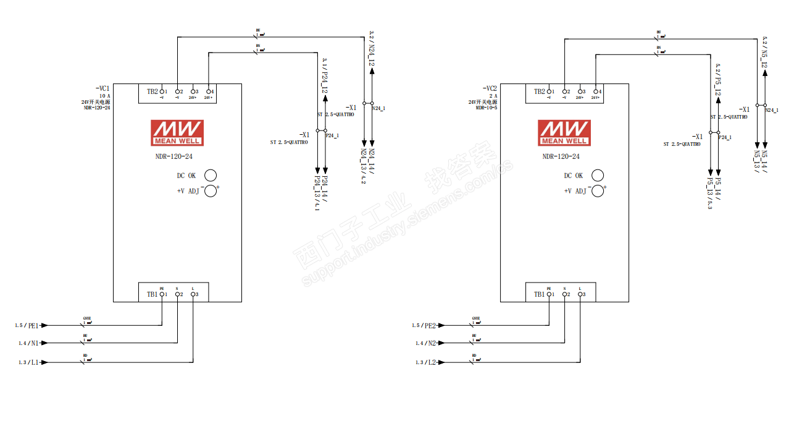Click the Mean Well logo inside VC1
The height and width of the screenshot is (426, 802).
(x=177, y=132)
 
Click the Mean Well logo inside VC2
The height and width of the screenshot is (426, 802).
(x=564, y=132)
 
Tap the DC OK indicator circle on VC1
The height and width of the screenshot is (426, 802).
(x=211, y=175)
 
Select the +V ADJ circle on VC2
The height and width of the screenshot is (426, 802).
(x=597, y=190)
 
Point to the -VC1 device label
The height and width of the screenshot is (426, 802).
(x=102, y=88)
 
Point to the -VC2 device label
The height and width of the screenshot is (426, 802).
(x=490, y=88)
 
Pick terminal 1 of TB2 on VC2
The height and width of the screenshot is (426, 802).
(x=549, y=92)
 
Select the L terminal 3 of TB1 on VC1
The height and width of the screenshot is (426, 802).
(x=193, y=294)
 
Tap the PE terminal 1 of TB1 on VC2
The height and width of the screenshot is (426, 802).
(x=549, y=294)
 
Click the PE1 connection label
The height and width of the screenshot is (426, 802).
(x=33, y=325)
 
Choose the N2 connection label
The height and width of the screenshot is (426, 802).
(x=430, y=343)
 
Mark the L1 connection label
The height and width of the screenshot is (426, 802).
(x=33, y=362)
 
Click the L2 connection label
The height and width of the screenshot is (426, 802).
(x=430, y=362)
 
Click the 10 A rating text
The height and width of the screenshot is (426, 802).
(x=104, y=96)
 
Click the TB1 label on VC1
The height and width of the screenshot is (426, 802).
(x=152, y=294)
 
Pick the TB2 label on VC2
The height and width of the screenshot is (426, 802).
(x=539, y=92)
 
